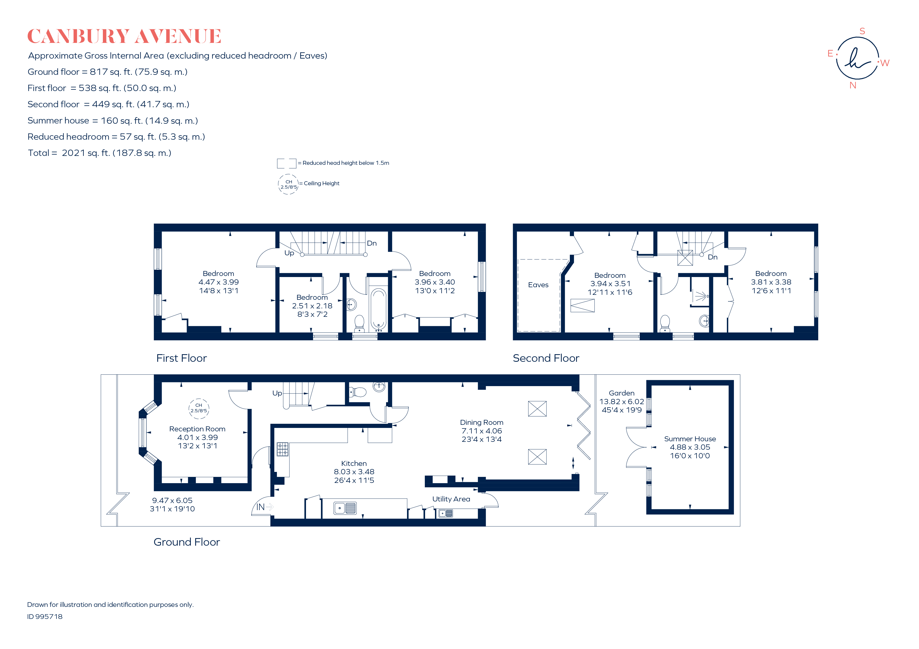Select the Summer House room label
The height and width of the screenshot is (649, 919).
(x=690, y=439)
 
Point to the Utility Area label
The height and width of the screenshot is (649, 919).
(x=451, y=499)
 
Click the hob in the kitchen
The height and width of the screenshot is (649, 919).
(x=283, y=449)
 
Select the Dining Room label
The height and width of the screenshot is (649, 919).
(x=482, y=422)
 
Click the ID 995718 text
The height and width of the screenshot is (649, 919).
(x=45, y=617)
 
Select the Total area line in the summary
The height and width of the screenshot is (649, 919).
(x=99, y=153)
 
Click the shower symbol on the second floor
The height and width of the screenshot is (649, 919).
(x=700, y=296)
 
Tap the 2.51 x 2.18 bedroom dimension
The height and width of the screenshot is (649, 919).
(x=312, y=306)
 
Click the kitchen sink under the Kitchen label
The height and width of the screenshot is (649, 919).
(x=345, y=508)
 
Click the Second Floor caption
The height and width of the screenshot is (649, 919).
(x=546, y=358)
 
